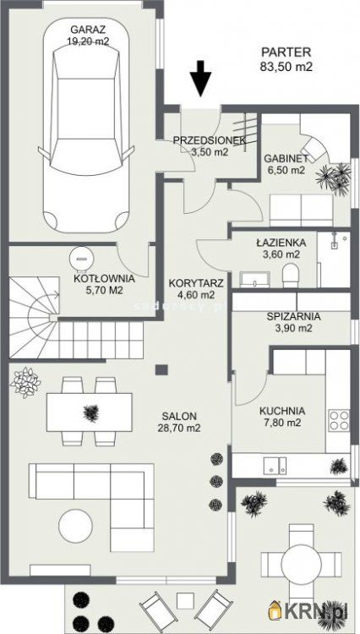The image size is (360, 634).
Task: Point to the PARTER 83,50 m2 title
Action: [x=286, y=59]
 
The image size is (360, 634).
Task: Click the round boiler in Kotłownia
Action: [x=81, y=257]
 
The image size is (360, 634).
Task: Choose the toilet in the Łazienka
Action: [x=290, y=276]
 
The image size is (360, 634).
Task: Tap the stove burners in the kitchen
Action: [x=338, y=420]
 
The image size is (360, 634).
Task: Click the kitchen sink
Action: [x=275, y=466]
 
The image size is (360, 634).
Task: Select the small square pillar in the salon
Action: [x=162, y=369]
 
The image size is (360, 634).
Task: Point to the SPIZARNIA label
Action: [x=294, y=317]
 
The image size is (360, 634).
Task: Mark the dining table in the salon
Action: [x=90, y=413]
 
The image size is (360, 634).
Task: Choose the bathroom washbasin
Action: [x=254, y=280]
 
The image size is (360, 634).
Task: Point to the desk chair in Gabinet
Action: [x=314, y=147]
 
